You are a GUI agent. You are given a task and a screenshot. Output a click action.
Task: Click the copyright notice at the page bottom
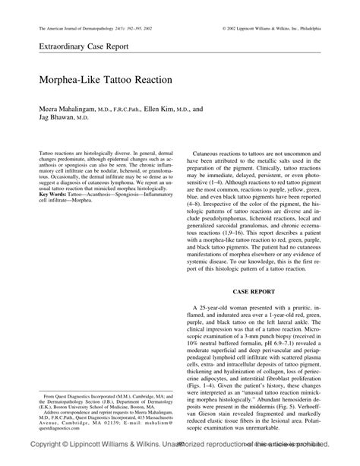coord(180,458)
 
